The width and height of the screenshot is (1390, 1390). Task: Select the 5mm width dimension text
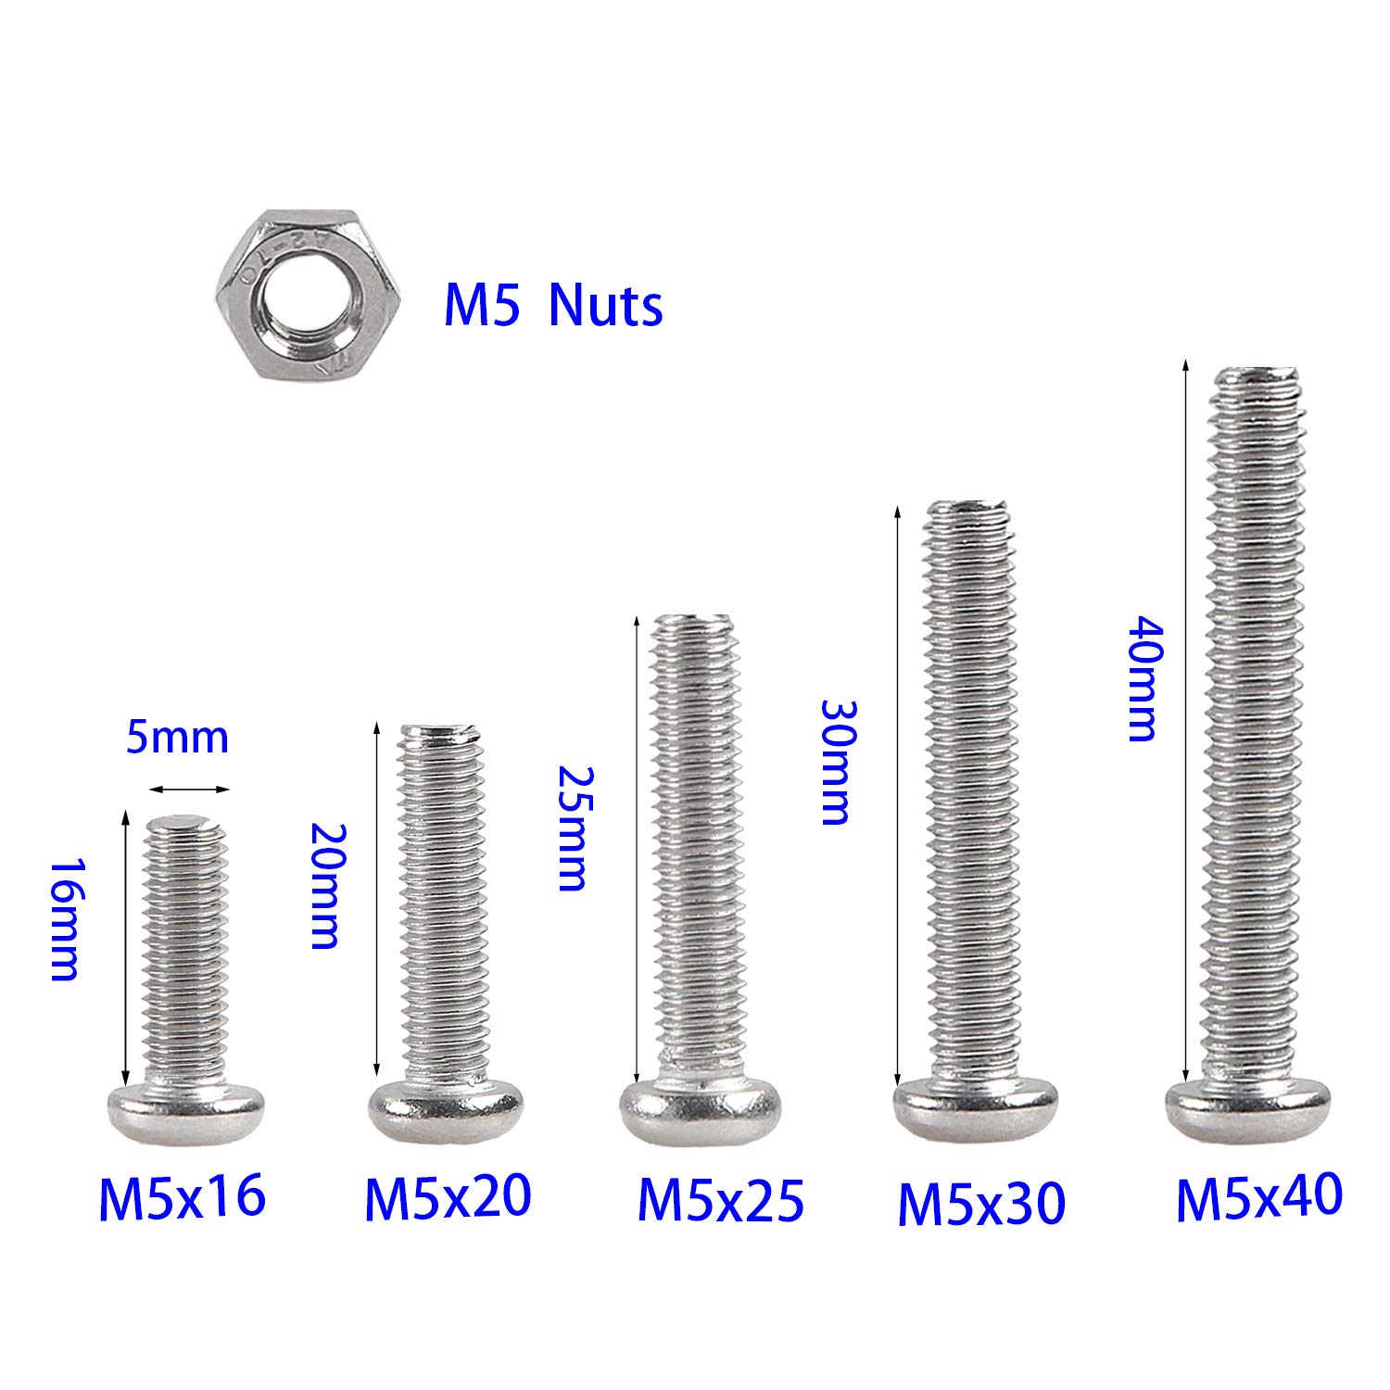[x=177, y=737]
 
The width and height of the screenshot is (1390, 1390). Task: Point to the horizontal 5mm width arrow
[x=188, y=790]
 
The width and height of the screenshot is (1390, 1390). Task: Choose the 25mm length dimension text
[x=572, y=828]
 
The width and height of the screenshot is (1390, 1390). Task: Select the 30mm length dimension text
[x=836, y=762]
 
